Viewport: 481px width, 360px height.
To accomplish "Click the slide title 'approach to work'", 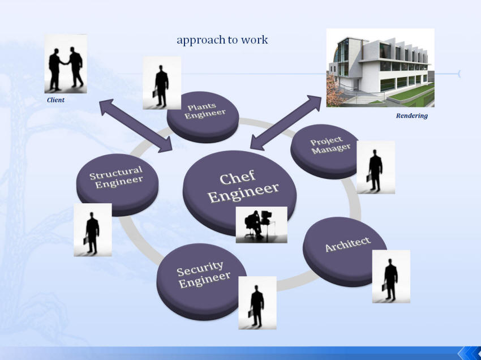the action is pyautogui.click(x=222, y=40).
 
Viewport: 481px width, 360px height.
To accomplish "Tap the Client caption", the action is pyautogui.click(x=55, y=100).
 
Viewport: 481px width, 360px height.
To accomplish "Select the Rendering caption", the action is pyautogui.click(x=411, y=115).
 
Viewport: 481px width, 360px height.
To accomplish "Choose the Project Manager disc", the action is pyautogui.click(x=325, y=152).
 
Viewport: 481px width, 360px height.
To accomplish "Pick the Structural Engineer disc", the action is pyautogui.click(x=118, y=185).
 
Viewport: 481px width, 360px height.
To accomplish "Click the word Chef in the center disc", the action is pyautogui.click(x=238, y=177).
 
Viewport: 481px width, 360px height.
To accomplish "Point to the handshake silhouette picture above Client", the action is pyautogui.click(x=66, y=63).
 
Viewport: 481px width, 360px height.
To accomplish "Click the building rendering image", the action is pyautogui.click(x=380, y=68).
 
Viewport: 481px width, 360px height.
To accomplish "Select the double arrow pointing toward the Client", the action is pyautogui.click(x=136, y=126).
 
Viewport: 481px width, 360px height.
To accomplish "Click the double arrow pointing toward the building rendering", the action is pyautogui.click(x=286, y=122).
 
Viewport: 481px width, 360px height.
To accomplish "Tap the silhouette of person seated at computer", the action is pyautogui.click(x=261, y=225).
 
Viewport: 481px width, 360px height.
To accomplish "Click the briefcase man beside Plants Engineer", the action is pyautogui.click(x=162, y=83).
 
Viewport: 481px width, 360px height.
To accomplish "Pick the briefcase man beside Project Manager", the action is pyautogui.click(x=376, y=167).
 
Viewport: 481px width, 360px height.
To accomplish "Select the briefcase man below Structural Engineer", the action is pyautogui.click(x=93, y=230).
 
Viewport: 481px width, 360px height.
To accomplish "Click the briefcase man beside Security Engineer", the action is pyautogui.click(x=257, y=303).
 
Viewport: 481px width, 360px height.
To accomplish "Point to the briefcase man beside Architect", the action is pyautogui.click(x=391, y=277).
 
